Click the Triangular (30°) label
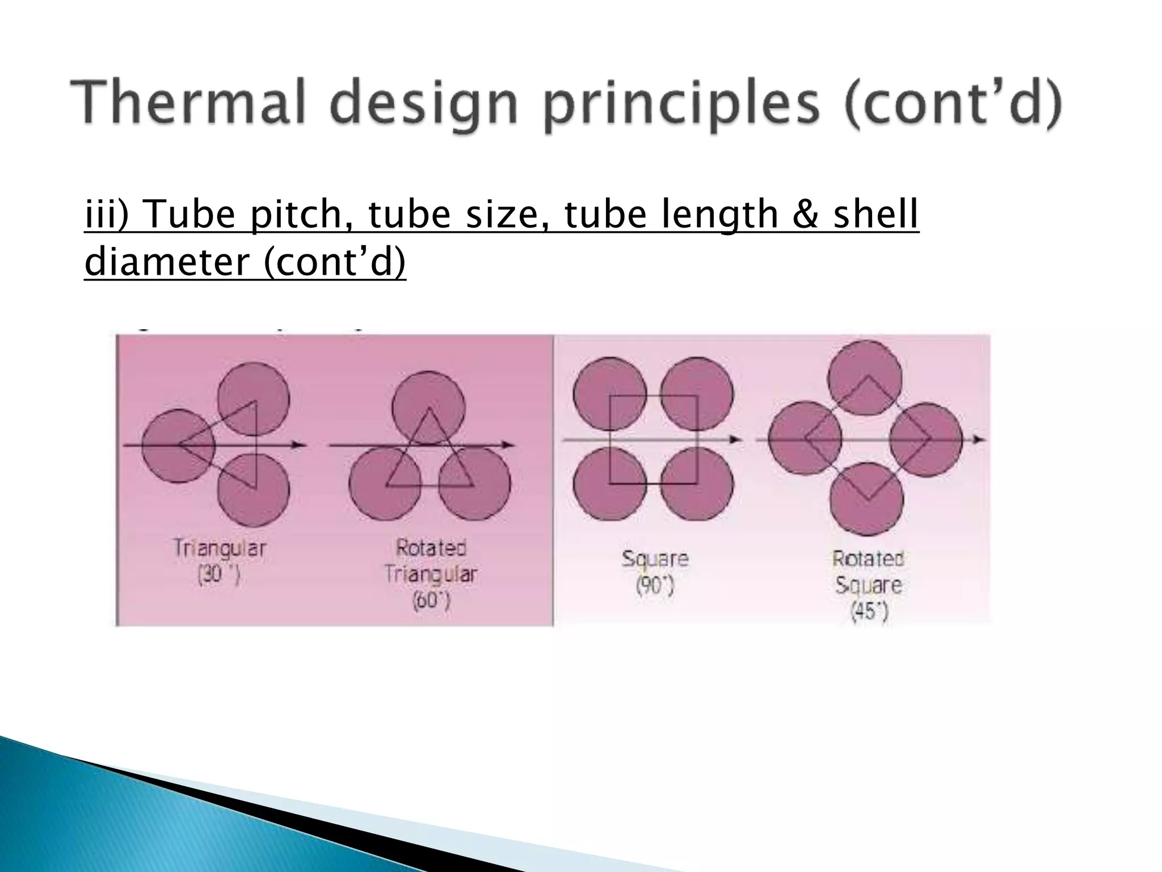[x=220, y=561]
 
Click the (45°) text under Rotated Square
[x=869, y=611]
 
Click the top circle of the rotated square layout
[x=865, y=378]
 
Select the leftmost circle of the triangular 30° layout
[x=178, y=446]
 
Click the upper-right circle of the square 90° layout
[x=697, y=393]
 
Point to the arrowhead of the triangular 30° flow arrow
[x=300, y=445]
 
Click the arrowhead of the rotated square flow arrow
[x=980, y=439]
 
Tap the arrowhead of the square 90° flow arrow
[x=735, y=439]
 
